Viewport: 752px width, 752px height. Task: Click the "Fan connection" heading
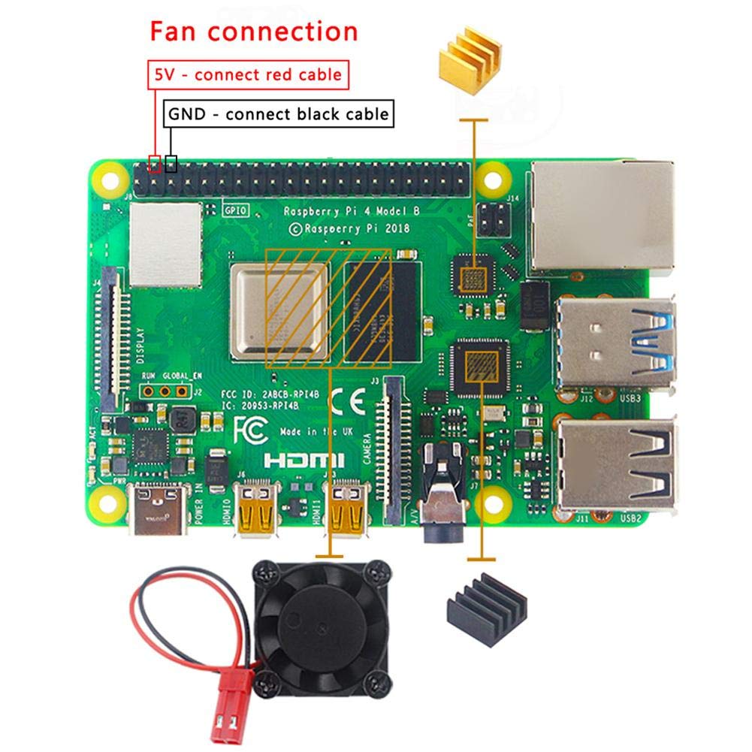coord(253,32)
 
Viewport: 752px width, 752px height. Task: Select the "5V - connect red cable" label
coord(248,74)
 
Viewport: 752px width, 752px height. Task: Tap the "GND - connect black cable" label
coord(279,114)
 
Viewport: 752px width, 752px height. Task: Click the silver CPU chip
coord(279,309)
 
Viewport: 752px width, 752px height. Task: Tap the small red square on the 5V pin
coord(156,163)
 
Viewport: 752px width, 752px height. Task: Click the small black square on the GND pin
coord(171,163)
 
